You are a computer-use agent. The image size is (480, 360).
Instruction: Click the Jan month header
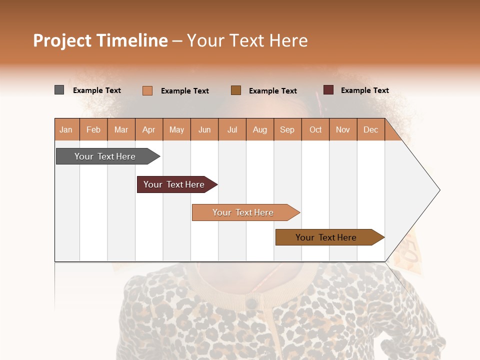[x=66, y=129]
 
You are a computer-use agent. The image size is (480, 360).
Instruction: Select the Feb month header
[x=93, y=129]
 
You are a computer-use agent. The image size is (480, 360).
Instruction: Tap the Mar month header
[x=121, y=129]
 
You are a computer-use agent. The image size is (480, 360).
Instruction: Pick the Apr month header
[x=149, y=129]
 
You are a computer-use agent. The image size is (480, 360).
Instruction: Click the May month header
[x=176, y=129]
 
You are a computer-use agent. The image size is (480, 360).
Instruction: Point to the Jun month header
[x=204, y=129]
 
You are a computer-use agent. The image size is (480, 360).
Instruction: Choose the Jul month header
[x=232, y=129]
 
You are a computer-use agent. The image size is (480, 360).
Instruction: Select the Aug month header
[x=260, y=129]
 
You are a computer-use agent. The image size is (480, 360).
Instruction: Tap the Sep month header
[x=287, y=129]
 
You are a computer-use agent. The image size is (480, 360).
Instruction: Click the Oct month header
[x=315, y=129]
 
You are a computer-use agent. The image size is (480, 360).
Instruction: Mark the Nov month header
[x=343, y=129]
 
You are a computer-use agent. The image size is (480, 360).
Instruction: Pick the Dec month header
[x=370, y=129]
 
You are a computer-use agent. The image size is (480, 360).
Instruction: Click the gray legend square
[x=59, y=90]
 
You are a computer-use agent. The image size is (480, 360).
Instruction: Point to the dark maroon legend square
[x=328, y=90]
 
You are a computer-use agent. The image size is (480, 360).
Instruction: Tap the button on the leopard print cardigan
[x=252, y=303]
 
